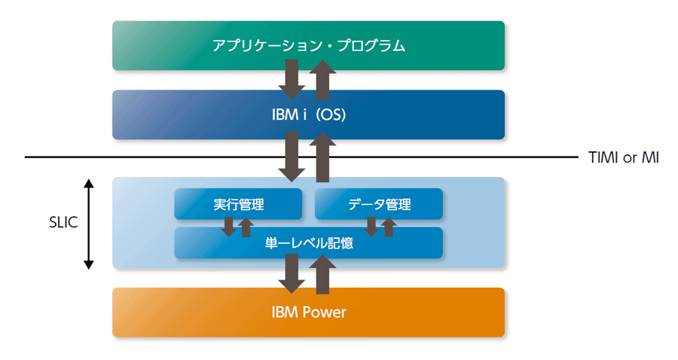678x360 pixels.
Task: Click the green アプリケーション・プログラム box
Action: pyautogui.click(x=308, y=45)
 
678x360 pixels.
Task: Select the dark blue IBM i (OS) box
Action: pyautogui.click(x=308, y=114)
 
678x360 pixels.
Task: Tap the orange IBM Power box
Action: pyautogui.click(x=308, y=312)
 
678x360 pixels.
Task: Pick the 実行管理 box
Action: pyautogui.click(x=238, y=203)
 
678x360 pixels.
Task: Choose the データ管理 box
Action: pyautogui.click(x=379, y=203)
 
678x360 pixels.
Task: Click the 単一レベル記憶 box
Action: pyautogui.click(x=308, y=243)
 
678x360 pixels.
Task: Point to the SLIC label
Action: pyautogui.click(x=63, y=222)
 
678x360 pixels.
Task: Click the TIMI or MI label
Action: pyautogui.click(x=624, y=157)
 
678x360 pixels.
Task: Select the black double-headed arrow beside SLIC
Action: pyautogui.click(x=89, y=224)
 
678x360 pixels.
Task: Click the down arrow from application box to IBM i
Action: pyautogui.click(x=292, y=78)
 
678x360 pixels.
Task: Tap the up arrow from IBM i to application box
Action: pyautogui.click(x=322, y=80)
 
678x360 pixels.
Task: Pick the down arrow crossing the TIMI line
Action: pyautogui.click(x=292, y=157)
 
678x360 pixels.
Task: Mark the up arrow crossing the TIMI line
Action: pyautogui.click(x=322, y=157)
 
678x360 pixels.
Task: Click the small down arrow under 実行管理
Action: pyautogui.click(x=229, y=227)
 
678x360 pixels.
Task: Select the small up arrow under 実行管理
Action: pyautogui.click(x=246, y=227)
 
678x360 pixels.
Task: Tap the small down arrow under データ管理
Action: pyautogui.click(x=371, y=227)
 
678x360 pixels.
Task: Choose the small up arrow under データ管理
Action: pyautogui.click(x=389, y=227)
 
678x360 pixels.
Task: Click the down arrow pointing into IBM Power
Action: pyautogui.click(x=292, y=273)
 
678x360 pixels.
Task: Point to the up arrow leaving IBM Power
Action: pyautogui.click(x=322, y=274)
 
